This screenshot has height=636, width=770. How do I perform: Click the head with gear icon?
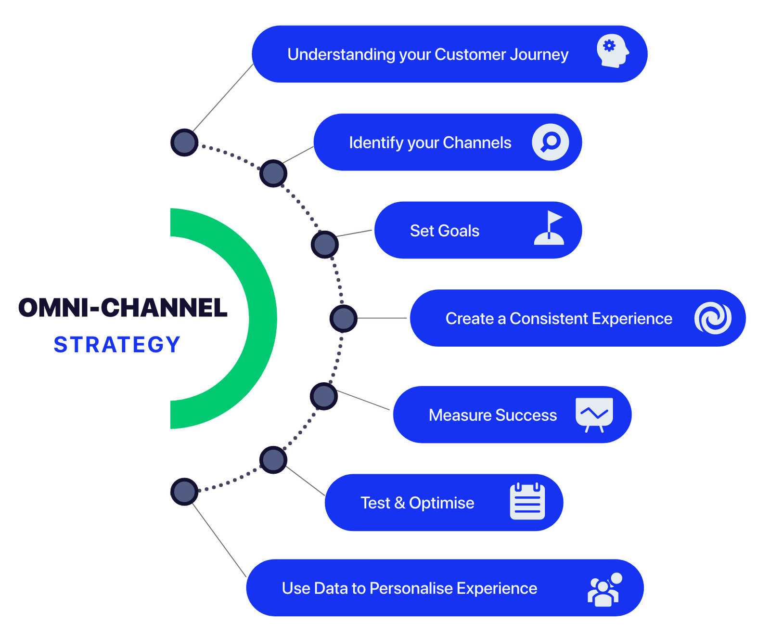coord(613,51)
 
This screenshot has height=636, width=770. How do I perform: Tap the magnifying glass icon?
coord(550,142)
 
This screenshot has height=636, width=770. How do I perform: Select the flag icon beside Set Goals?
coord(549,228)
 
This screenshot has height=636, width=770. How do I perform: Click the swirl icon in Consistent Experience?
coord(713,318)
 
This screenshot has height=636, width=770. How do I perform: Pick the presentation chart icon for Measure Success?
coord(594,415)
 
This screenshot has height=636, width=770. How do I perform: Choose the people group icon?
coord(605,589)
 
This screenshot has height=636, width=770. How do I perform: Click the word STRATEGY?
coord(117,345)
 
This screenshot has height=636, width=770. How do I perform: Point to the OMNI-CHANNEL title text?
coord(123,308)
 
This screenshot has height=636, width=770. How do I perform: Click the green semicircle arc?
coord(263,318)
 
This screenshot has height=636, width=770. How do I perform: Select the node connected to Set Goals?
coord(325,245)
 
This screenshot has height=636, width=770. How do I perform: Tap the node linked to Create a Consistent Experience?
coord(344,318)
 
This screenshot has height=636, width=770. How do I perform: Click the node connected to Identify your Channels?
coord(273,173)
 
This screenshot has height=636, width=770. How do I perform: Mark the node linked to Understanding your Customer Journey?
coord(184,143)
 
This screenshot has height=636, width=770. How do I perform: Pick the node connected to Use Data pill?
coord(184,492)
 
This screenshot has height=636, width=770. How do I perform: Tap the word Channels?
coord(477,143)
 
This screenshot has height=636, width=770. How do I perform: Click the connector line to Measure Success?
coord(363,400)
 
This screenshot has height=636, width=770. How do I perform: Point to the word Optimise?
coord(442,503)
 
